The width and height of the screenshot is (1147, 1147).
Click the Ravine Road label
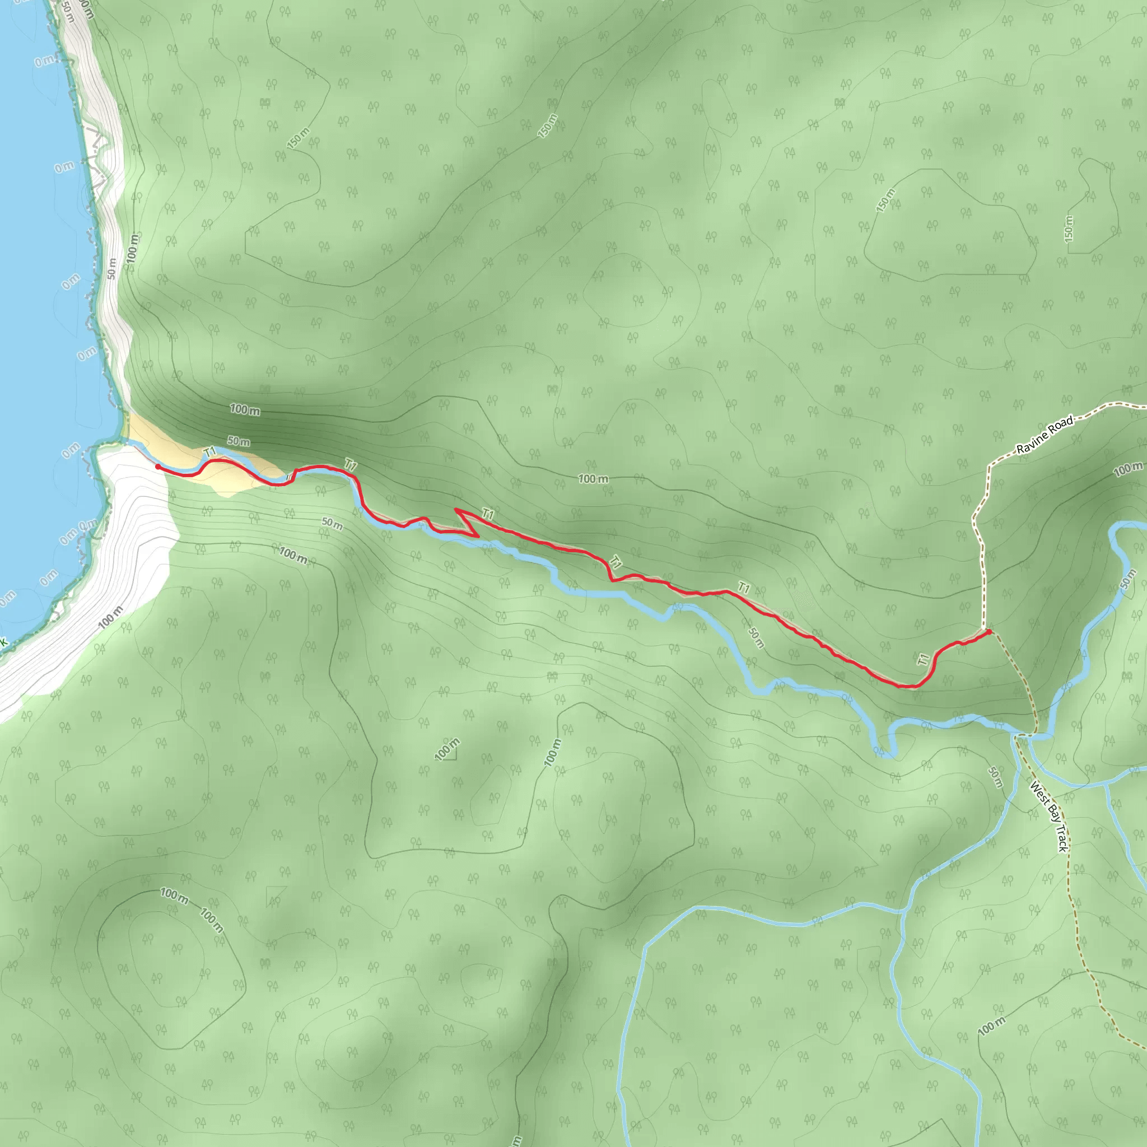tap(1045, 435)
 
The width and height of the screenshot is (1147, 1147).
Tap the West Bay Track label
tap(1049, 817)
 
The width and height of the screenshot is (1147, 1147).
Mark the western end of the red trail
tap(157, 467)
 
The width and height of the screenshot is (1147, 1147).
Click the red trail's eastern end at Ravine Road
tap(989, 631)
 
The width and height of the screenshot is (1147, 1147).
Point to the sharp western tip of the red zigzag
tap(456, 510)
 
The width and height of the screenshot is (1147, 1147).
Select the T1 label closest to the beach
tap(210, 453)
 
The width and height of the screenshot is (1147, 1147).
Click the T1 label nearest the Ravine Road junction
tap(922, 659)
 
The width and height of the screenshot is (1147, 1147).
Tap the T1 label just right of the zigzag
tap(488, 514)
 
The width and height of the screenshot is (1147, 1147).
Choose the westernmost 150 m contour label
tap(298, 138)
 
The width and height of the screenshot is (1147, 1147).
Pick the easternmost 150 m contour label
tap(1069, 229)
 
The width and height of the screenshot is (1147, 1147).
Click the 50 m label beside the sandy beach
tap(239, 441)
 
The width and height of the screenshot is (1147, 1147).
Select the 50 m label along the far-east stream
tap(1128, 580)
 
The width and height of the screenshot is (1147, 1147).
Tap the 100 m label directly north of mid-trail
tap(593, 478)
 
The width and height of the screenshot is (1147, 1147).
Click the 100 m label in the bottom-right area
tap(991, 1025)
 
